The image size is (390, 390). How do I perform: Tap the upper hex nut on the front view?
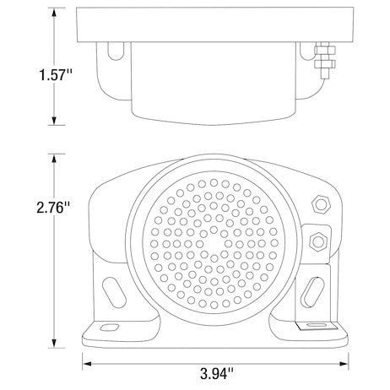pyautogui.click(x=321, y=204)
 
